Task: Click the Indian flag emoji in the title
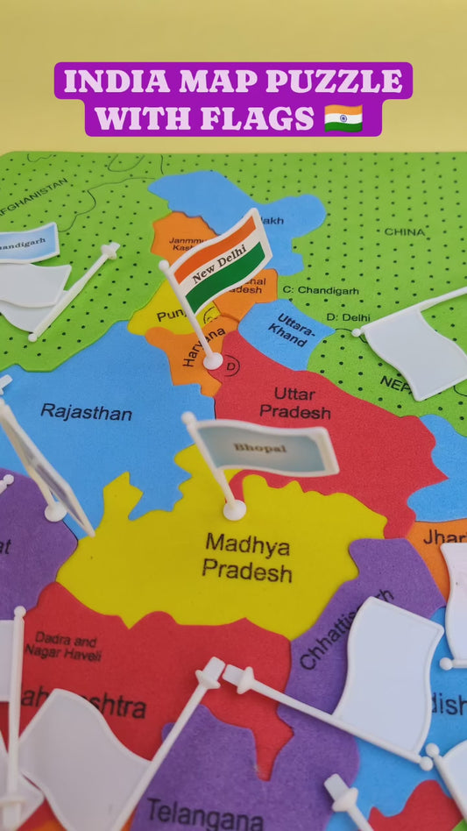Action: [343, 117]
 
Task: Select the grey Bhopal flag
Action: [264, 448]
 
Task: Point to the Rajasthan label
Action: [86, 411]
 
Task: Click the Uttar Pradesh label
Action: [294, 402]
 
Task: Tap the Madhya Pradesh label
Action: [247, 558]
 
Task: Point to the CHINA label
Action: [405, 232]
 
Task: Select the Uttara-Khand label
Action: [287, 328]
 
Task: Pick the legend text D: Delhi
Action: [348, 316]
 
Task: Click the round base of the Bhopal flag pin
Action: [234, 509]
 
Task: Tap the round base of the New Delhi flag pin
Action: [213, 359]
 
